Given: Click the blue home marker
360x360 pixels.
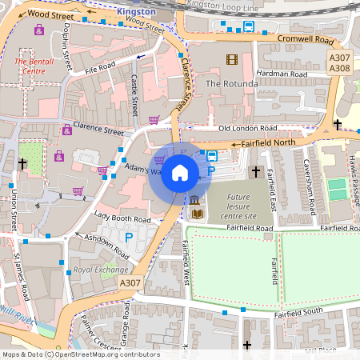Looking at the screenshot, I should pos(180,173).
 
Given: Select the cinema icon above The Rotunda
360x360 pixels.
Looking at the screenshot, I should pos(232,60).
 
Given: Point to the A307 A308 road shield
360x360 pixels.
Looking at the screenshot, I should pos(340,63).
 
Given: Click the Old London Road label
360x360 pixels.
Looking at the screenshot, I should pos(247,128).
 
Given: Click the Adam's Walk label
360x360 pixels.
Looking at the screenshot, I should pos(145,170).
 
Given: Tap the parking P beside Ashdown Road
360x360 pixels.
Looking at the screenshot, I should pos(129,237).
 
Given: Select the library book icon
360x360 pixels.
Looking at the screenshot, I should pos(196,214).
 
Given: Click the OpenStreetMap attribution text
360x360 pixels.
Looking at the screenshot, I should pos(80,354).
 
